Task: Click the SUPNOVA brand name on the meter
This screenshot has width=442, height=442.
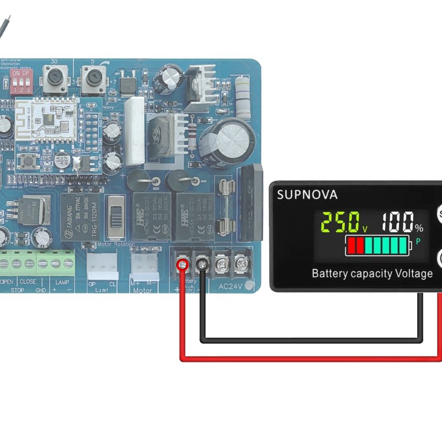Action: (x=307, y=194)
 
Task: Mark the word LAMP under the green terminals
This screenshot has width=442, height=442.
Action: (x=62, y=281)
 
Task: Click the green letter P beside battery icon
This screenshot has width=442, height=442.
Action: (x=418, y=241)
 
